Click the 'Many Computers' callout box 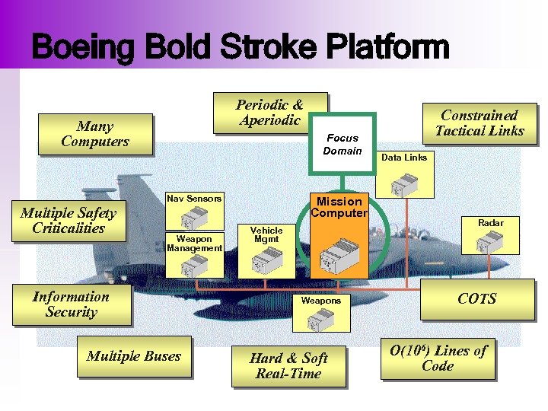tap(95, 134)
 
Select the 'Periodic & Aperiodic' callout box tap(269, 113)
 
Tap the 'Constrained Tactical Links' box tap(479, 123)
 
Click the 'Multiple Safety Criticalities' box tap(68, 221)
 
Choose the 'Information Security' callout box tap(71, 304)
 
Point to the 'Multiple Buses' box tap(134, 356)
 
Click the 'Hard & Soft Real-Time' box tap(288, 366)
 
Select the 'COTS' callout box tap(477, 299)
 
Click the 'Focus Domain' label tap(342, 144)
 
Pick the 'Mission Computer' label tap(339, 206)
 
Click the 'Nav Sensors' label tap(194, 199)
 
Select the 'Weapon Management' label tap(194, 243)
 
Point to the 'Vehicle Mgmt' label tap(266, 234)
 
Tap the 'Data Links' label tap(404, 158)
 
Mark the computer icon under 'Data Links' tap(403, 183)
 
